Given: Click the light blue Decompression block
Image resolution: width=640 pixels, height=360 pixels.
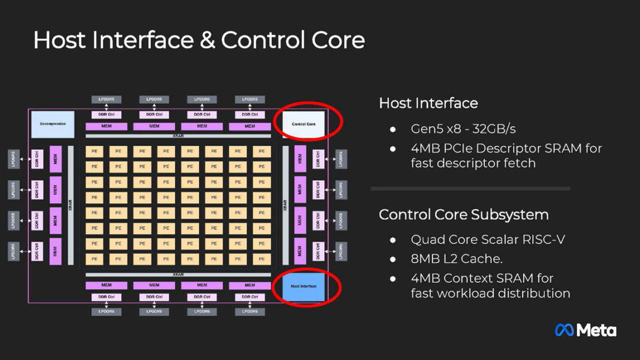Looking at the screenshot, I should pos(53,124).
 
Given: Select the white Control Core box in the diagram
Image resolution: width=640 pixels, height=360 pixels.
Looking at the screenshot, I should pos(303,124).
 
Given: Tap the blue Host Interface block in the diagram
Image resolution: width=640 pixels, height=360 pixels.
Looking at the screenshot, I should pos(303,286).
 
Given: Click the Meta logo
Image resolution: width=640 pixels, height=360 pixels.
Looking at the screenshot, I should pos(585,330).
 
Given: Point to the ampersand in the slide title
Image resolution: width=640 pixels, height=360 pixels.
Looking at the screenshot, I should pos(204,41).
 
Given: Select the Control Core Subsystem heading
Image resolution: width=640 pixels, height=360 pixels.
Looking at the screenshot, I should pos(464,214).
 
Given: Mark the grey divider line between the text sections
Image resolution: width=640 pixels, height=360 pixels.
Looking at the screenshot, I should pos(470,189).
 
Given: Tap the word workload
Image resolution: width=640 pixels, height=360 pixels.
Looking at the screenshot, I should pos(467,294).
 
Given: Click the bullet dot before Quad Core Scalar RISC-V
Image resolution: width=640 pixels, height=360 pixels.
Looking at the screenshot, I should pos(393,240).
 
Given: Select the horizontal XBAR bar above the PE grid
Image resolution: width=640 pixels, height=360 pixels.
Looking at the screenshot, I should pos(178,136).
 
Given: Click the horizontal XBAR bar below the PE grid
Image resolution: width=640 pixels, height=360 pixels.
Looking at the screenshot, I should pos(178,274).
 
